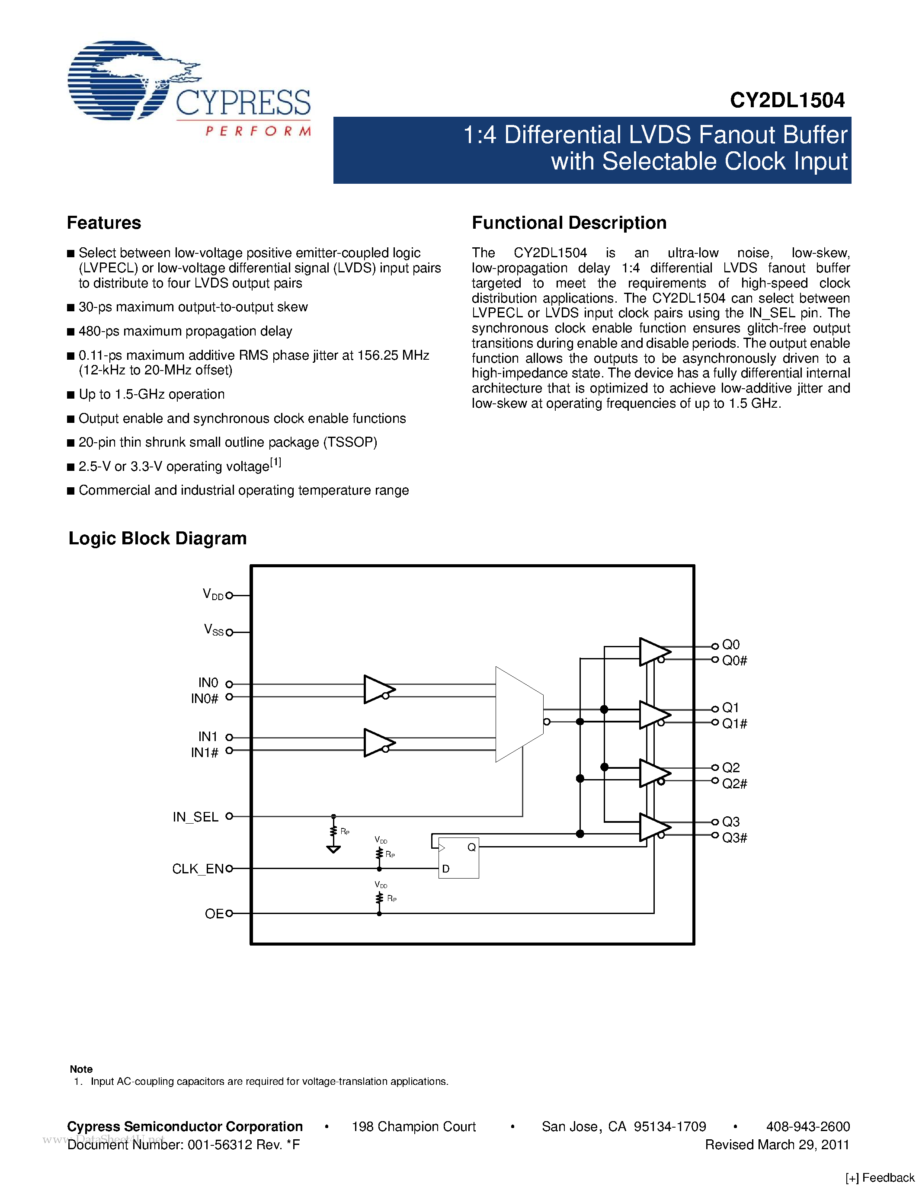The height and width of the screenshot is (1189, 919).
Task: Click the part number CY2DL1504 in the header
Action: coord(787,100)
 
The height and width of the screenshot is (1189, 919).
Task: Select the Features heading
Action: coord(104,223)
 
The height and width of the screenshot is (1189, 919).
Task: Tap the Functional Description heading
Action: coord(569,223)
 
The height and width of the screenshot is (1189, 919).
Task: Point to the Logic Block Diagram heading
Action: coord(157,538)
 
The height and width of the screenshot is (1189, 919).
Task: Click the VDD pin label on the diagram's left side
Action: coord(213,594)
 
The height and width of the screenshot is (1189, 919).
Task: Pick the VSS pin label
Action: coord(213,630)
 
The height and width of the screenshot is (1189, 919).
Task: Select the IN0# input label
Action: coord(204,698)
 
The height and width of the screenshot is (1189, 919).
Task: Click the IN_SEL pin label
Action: coord(195,817)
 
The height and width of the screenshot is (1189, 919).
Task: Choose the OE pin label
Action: coord(214,914)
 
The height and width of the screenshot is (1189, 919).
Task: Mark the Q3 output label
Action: coord(730,821)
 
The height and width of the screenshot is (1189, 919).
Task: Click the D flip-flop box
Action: coord(458,857)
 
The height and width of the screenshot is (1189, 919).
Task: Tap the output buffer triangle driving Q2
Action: coord(654,773)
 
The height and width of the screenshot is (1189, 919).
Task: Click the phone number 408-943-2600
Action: coord(808,1127)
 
